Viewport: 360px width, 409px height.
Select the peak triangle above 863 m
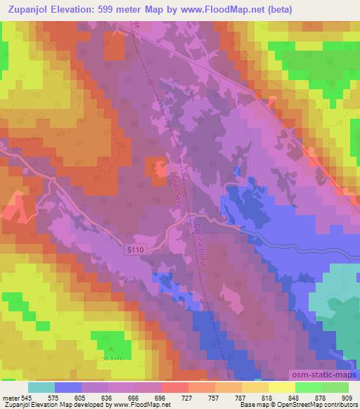tap(110, 349)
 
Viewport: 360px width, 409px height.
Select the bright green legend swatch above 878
tap(308, 387)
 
